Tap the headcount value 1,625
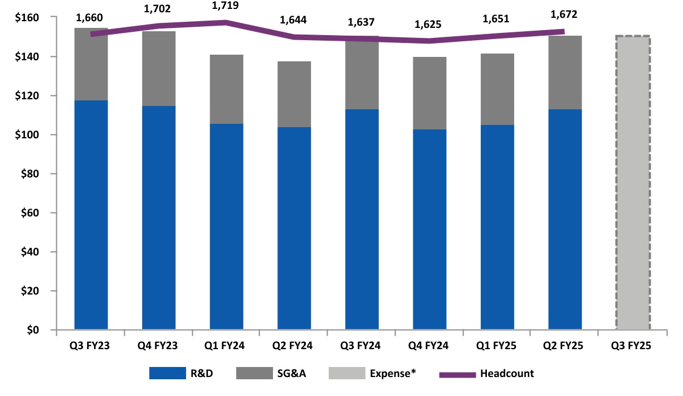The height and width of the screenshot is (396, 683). tap(430, 25)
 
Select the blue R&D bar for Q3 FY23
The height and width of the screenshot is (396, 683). tap(91, 215)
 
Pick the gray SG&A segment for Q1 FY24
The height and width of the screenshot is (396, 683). tap(226, 89)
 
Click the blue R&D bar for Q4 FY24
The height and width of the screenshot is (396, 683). tap(430, 229)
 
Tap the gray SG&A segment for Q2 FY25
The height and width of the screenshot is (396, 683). tap(565, 73)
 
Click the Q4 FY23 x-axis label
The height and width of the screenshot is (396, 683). tap(158, 346)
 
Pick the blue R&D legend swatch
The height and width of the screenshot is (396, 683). tap(167, 374)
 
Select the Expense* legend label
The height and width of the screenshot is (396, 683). tap(393, 374)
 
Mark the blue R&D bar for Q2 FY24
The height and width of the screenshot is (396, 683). tap(294, 229)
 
